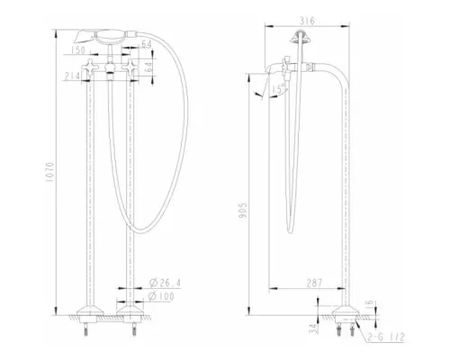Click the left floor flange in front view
[87, 316]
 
